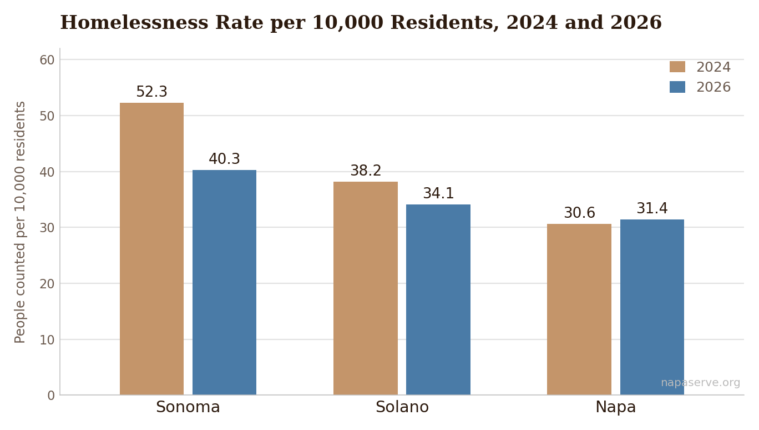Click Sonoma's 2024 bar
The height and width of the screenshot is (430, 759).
pos(152,249)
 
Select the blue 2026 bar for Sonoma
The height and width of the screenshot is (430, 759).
pos(224,282)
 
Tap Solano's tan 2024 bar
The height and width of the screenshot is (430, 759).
pos(366,288)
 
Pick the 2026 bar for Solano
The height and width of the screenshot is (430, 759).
pos(438,299)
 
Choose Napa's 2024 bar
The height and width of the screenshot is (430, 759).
pos(579,309)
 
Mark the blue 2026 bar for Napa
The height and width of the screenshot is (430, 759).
pos(652,307)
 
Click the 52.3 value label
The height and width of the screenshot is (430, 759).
pos(152,92)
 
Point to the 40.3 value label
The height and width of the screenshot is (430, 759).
pos(224,159)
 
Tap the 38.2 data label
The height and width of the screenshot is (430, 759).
pos(366,171)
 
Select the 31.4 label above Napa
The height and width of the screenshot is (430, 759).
pos(652,208)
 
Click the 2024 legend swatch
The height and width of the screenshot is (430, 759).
pos(677,67)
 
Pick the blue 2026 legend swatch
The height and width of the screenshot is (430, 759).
pos(677,87)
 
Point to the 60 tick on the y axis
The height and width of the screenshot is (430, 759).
pos(47,60)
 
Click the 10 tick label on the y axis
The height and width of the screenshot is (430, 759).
pos(47,340)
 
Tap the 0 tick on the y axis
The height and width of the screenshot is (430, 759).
pos(51,396)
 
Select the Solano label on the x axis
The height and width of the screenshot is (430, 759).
pos(402,407)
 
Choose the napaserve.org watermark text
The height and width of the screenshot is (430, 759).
pos(700,383)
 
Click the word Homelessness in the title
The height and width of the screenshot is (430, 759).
pos(134,23)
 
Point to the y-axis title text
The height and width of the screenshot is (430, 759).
pos(20,222)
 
